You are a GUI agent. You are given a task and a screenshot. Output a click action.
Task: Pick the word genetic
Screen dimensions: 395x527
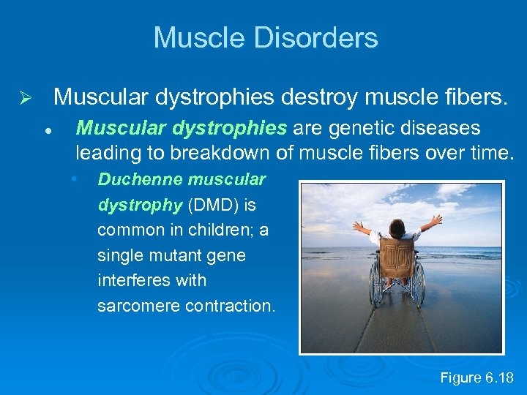click(362, 129)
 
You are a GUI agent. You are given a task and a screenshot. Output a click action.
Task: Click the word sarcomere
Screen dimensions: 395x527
click(138, 306)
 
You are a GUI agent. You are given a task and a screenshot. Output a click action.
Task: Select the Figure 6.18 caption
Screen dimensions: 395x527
click(476, 377)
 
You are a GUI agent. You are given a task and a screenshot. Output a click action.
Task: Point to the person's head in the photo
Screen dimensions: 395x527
click(397, 227)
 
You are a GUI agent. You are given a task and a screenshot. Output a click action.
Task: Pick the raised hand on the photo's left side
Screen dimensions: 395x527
click(357, 225)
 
